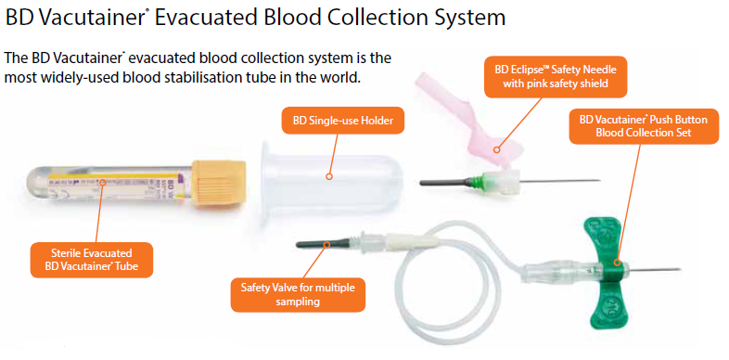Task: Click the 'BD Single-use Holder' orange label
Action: [331, 120]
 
